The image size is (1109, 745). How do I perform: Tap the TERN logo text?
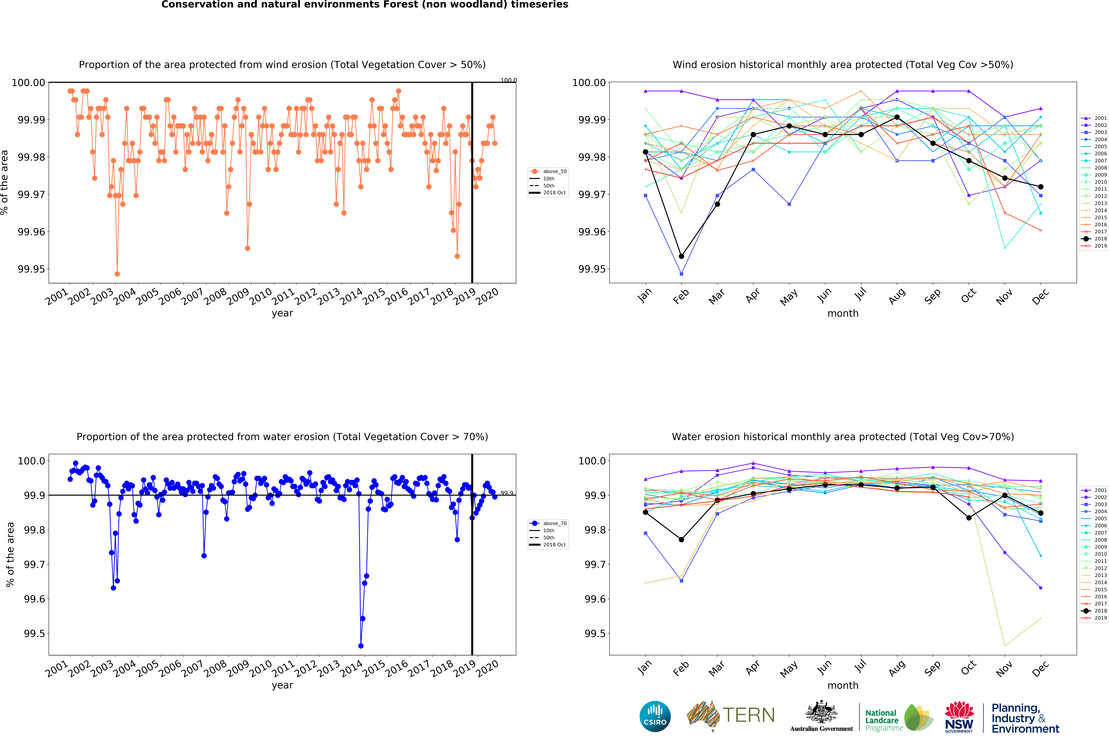click(x=748, y=715)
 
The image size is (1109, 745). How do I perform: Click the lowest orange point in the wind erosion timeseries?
click(x=117, y=274)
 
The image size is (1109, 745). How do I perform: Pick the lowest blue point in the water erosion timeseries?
click(x=361, y=646)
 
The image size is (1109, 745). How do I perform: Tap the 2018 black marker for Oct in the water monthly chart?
click(x=969, y=517)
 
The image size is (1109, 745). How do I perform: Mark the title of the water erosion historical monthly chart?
click(x=842, y=437)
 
